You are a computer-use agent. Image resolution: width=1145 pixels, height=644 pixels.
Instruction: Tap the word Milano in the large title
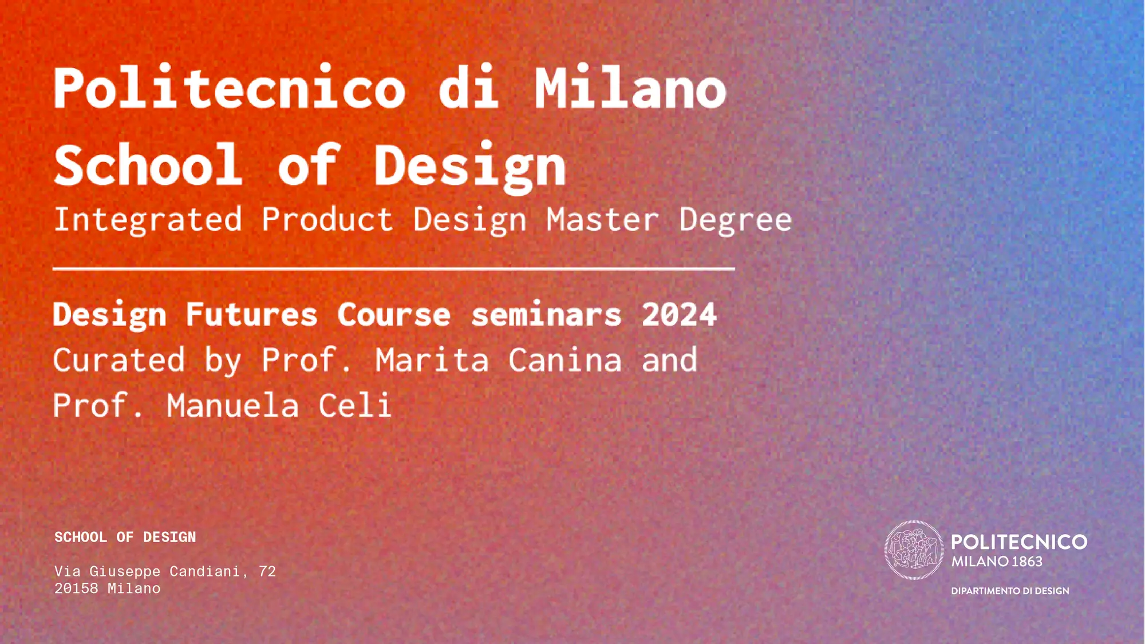[630, 87]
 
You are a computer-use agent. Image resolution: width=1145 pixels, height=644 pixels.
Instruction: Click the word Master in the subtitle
[602, 220]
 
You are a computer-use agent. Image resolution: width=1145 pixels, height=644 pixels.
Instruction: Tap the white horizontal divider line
[394, 268]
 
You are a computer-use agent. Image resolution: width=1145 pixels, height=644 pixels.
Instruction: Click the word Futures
[251, 315]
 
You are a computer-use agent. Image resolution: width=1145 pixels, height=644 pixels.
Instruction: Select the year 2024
[679, 315]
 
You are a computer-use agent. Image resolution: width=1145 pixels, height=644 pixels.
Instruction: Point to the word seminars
[546, 315]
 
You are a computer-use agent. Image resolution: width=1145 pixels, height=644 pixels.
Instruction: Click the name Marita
[432, 360]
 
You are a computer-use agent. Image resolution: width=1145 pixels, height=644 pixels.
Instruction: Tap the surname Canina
[565, 360]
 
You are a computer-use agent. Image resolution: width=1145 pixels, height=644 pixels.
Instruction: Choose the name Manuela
[232, 406]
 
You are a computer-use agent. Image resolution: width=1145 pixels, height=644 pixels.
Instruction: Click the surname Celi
[355, 406]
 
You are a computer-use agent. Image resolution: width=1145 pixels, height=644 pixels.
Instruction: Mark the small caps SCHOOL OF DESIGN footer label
[125, 537]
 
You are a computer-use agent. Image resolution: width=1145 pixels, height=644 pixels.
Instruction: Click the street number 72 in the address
[267, 571]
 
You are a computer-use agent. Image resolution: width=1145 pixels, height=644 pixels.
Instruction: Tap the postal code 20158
[76, 588]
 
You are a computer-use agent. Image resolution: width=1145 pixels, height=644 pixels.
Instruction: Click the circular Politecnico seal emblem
[914, 550]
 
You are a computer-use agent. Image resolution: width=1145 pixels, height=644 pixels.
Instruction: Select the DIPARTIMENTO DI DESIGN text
[1010, 591]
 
